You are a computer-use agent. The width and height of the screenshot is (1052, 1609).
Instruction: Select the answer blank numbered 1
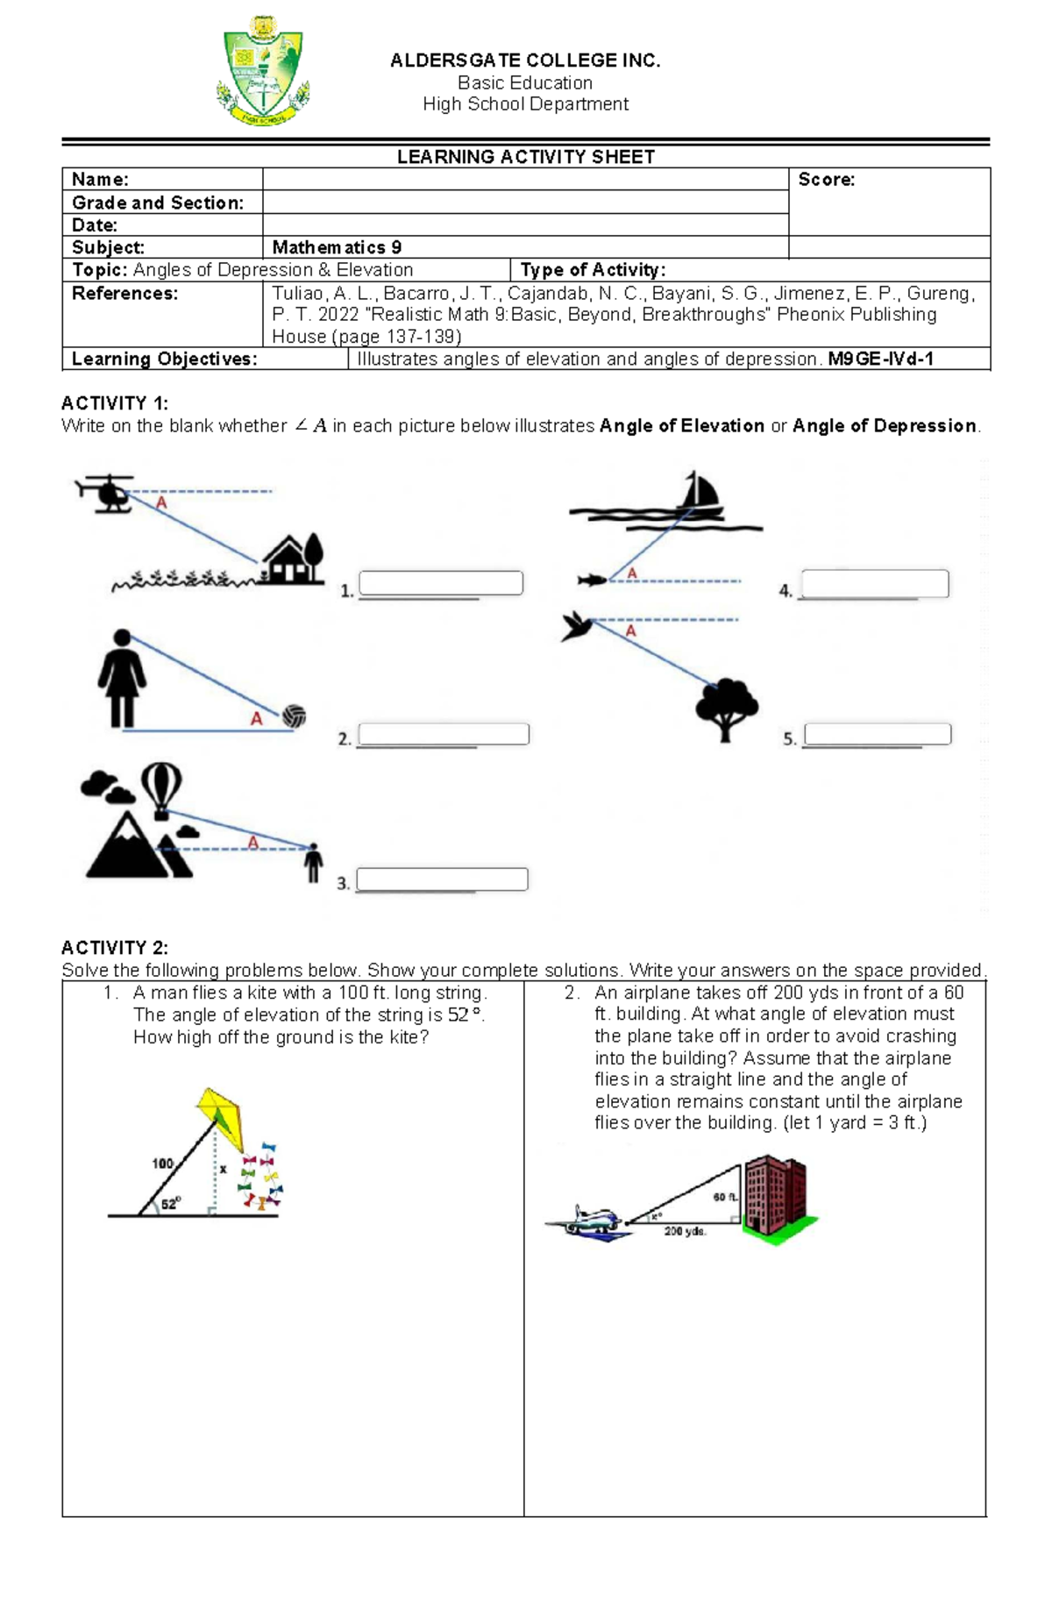pyautogui.click(x=441, y=583)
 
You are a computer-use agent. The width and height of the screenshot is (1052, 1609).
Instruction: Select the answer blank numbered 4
pyautogui.click(x=875, y=584)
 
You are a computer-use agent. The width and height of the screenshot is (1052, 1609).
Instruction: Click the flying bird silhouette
pyautogui.click(x=577, y=626)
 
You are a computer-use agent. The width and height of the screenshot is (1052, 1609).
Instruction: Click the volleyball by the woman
pyautogui.click(x=295, y=716)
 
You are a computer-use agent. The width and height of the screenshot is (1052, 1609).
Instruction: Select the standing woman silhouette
pyautogui.click(x=122, y=679)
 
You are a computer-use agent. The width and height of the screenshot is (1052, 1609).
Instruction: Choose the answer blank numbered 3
pyautogui.click(x=442, y=879)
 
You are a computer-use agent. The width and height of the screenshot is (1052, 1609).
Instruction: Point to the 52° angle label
pyautogui.click(x=170, y=1204)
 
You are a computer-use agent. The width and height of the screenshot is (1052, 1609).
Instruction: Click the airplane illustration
pyautogui.click(x=587, y=1221)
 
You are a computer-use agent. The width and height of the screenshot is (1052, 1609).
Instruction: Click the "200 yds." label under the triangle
pyautogui.click(x=685, y=1231)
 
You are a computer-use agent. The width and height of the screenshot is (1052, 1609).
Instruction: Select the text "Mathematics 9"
pyautogui.click(x=337, y=247)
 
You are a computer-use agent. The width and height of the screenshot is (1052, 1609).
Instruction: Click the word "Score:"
pyautogui.click(x=826, y=180)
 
